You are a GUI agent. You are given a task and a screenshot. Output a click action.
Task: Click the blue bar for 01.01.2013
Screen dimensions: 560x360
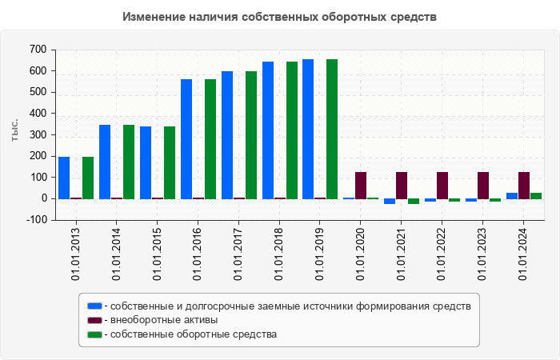[x=64, y=178]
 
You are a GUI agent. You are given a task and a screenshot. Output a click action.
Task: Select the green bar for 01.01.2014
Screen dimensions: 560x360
[x=129, y=162]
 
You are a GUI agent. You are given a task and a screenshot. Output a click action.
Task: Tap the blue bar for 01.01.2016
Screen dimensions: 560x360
[x=186, y=139]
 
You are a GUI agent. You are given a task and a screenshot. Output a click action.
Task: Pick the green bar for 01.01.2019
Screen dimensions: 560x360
[x=332, y=130]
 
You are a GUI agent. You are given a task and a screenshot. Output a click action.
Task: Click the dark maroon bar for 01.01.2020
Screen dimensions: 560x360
[x=361, y=186]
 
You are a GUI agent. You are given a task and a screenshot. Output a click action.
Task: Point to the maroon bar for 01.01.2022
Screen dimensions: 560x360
[x=442, y=186]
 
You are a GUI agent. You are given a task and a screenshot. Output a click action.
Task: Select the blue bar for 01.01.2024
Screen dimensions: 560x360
[x=512, y=196]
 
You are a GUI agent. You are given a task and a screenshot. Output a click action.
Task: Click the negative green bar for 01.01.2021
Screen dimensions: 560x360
[x=414, y=202]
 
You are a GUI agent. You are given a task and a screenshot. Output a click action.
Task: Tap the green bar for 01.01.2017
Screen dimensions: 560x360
[x=251, y=135]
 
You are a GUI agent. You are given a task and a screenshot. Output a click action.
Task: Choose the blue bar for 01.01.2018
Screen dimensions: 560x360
[x=268, y=130]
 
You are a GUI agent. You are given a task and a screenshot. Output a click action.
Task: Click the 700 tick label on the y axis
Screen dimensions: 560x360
[x=38, y=50]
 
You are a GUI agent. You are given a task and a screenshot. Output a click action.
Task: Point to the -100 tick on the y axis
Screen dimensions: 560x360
[x=37, y=220]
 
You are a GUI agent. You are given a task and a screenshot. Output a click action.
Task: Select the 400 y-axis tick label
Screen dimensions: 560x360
[x=38, y=114]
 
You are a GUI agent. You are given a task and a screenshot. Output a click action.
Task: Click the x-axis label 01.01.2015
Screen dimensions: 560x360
[x=157, y=254]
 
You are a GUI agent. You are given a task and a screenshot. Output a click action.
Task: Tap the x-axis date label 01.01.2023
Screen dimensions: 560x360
[x=483, y=254]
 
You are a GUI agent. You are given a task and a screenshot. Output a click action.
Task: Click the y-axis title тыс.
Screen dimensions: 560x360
[x=14, y=130]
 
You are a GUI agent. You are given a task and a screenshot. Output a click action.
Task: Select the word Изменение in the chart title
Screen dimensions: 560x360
[x=154, y=17]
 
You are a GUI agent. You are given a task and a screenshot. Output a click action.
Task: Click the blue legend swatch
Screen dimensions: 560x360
[x=94, y=306]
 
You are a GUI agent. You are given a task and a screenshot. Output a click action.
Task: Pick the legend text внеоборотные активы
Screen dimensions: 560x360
[x=164, y=320]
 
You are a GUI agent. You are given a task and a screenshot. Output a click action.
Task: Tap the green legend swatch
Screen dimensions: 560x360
[x=94, y=334]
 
